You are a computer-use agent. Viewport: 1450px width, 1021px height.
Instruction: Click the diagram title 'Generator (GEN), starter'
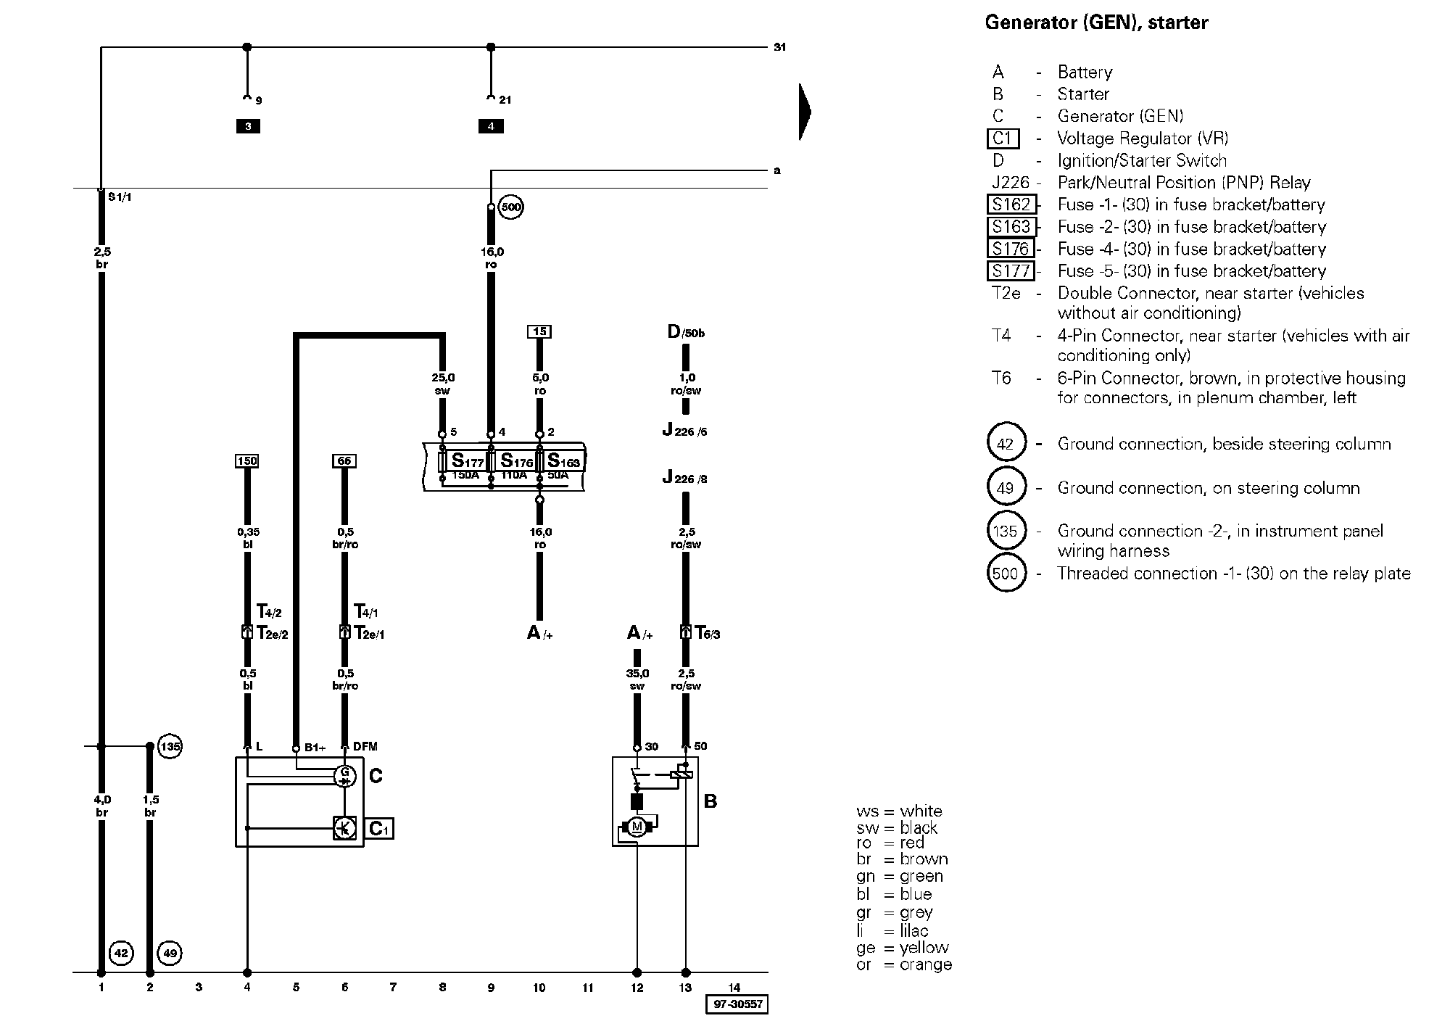click(x=1096, y=23)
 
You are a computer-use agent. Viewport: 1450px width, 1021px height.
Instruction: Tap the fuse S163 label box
click(x=563, y=460)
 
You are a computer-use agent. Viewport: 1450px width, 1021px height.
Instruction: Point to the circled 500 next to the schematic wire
click(x=511, y=207)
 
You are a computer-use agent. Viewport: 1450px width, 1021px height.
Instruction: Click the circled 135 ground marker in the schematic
click(x=170, y=745)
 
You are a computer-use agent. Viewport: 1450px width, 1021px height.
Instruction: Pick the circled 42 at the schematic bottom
click(x=121, y=953)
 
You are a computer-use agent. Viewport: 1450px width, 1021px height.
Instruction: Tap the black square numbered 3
click(x=248, y=126)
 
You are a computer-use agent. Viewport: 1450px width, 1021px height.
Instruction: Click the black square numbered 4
click(x=491, y=126)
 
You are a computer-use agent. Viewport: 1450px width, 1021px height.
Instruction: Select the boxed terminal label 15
click(x=539, y=331)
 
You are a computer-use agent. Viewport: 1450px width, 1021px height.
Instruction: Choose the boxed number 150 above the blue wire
click(x=247, y=461)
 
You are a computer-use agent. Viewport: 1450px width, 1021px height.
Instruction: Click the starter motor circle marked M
click(x=637, y=827)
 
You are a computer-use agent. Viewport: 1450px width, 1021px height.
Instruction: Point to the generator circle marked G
click(x=344, y=775)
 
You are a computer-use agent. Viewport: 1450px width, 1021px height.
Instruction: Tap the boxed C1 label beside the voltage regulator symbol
click(x=381, y=828)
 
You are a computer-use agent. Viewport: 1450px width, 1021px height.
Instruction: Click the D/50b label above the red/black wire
click(x=686, y=333)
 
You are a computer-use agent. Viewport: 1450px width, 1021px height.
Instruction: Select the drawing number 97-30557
click(x=737, y=1004)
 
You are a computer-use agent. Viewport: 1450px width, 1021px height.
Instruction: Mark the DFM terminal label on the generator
click(x=365, y=746)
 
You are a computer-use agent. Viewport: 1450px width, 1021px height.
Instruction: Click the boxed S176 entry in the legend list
click(x=1011, y=249)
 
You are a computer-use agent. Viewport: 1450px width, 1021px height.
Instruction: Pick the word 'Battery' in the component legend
click(x=1085, y=72)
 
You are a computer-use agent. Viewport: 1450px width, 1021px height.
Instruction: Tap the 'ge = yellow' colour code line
click(x=903, y=948)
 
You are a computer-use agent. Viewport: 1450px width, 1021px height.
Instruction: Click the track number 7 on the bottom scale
click(x=393, y=987)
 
